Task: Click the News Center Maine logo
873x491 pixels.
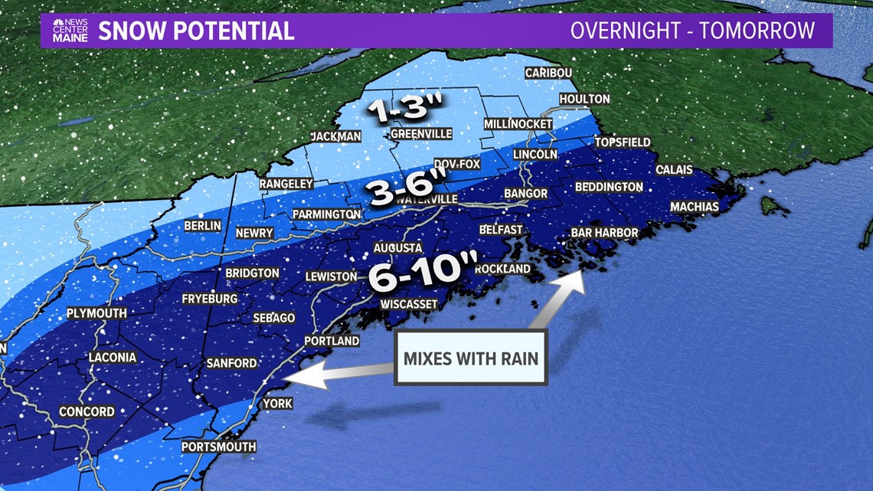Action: click(x=70, y=31)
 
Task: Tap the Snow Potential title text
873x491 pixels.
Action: click(x=196, y=31)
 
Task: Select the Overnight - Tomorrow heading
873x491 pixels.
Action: click(x=692, y=31)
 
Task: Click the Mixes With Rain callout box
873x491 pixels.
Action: click(x=470, y=358)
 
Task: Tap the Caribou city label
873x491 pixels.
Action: click(x=549, y=73)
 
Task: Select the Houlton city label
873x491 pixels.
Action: click(x=584, y=99)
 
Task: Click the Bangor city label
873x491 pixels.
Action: click(x=525, y=194)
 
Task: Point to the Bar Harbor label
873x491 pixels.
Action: click(x=604, y=233)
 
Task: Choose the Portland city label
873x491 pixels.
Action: click(x=332, y=341)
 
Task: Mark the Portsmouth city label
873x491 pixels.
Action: click(x=218, y=447)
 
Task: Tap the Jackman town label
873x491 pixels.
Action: click(x=335, y=136)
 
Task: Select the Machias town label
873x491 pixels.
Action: click(x=695, y=207)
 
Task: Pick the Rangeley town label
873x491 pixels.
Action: click(x=286, y=184)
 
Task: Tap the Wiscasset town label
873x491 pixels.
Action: click(x=409, y=304)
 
